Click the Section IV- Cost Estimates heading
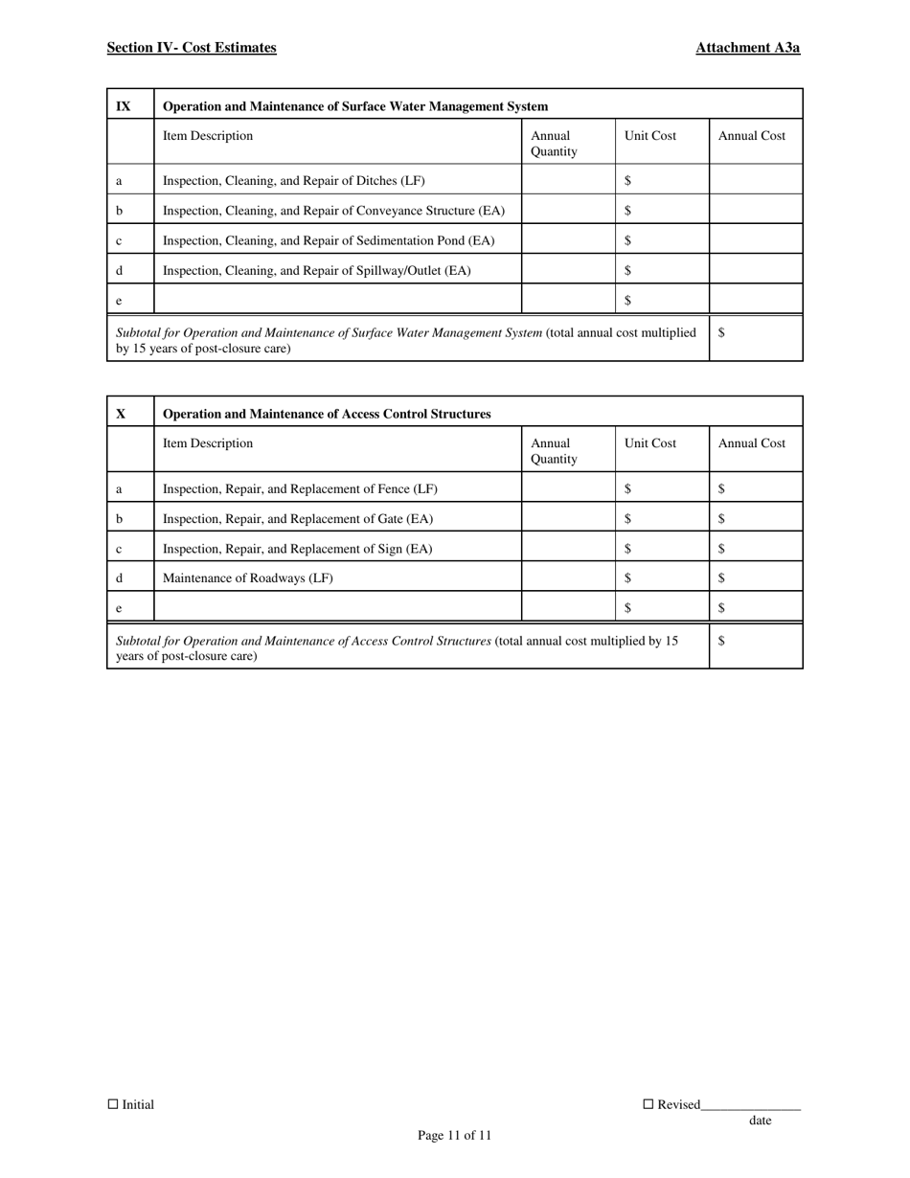click(192, 48)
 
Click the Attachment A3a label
click(747, 48)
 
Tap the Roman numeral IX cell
click(124, 106)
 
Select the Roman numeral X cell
click(122, 414)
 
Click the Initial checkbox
click(113, 1104)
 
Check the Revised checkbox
click(648, 1104)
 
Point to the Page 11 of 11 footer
click(454, 1136)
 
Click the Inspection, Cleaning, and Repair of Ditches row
click(294, 180)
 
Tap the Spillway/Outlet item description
click(317, 270)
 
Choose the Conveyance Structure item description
click(333, 211)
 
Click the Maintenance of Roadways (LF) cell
click(248, 578)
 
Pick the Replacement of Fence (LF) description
click(300, 488)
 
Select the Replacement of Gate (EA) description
click(298, 519)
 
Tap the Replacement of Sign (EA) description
click(298, 549)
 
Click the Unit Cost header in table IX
click(649, 136)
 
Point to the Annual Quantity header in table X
click(554, 451)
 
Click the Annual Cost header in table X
click(751, 443)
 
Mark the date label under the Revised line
click(760, 1121)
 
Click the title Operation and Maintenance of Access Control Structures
click(327, 414)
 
